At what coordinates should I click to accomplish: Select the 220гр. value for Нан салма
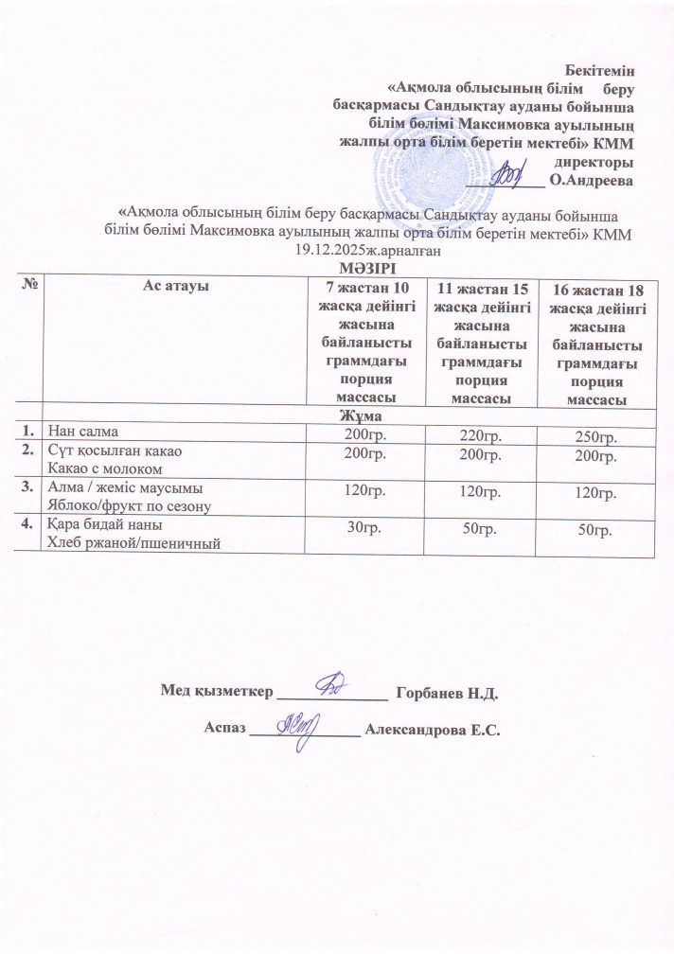[478, 433]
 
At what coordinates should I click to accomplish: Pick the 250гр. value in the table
[596, 434]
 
